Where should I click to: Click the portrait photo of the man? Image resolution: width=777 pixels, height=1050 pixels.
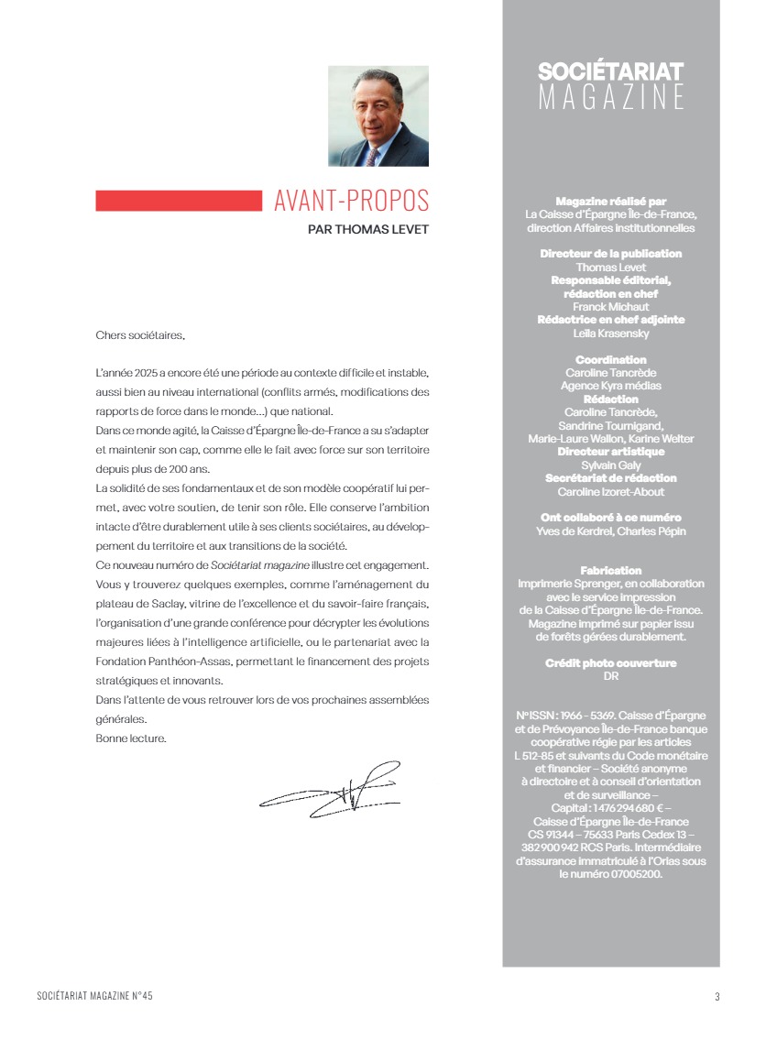point(378,116)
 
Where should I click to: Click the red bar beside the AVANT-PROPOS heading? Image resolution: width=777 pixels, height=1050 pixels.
point(179,201)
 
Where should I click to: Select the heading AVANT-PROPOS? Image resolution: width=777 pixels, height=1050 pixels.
point(351,201)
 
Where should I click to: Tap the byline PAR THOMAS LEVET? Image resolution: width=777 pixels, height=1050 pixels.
point(368,230)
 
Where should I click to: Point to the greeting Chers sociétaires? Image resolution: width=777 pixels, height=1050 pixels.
point(140,335)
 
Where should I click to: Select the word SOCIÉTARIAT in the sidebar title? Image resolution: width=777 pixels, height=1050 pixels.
point(610,71)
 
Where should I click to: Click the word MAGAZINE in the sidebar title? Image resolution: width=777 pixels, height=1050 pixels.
point(610,97)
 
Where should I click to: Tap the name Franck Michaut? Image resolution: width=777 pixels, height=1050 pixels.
point(610,307)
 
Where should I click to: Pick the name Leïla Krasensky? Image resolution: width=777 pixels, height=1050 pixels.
point(610,334)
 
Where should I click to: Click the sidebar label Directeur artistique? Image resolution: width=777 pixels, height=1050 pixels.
point(610,452)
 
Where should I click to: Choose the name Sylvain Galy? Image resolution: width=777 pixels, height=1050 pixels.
point(610,465)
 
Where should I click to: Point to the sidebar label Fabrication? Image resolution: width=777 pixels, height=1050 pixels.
point(610,571)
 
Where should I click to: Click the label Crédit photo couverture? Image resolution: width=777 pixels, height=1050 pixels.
point(610,663)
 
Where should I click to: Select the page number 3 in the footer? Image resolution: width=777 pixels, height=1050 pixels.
point(717,997)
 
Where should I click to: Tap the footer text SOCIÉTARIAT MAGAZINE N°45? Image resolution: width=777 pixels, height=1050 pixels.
point(95,996)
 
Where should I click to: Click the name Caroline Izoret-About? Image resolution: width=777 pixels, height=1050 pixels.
point(610,492)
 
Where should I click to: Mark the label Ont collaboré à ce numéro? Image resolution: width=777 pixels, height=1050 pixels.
point(610,518)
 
